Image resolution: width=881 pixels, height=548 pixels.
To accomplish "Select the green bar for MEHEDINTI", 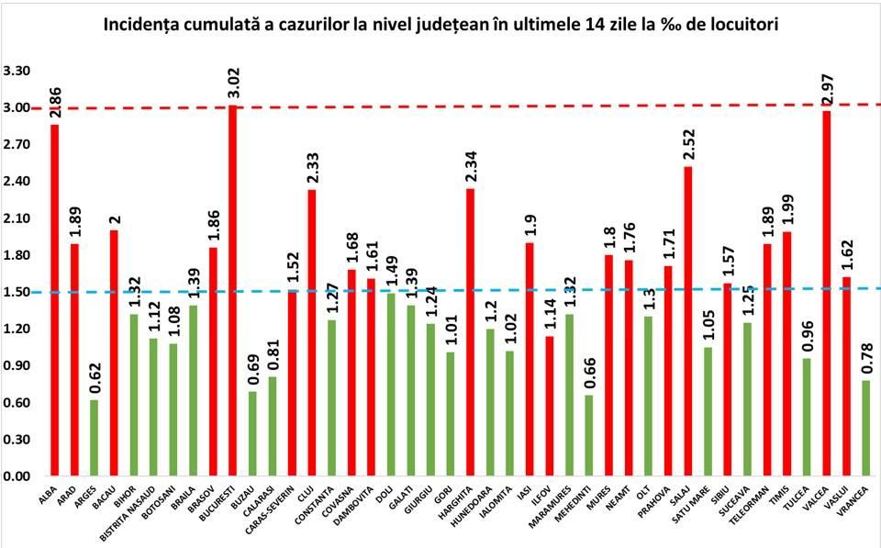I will [588, 436].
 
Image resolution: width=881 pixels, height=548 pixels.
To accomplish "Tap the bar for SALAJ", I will [687, 321].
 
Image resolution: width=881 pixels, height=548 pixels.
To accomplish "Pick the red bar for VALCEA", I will [827, 294].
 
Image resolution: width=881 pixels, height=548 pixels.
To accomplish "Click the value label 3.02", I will [233, 82].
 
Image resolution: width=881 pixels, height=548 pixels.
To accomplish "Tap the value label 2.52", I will [688, 144].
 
